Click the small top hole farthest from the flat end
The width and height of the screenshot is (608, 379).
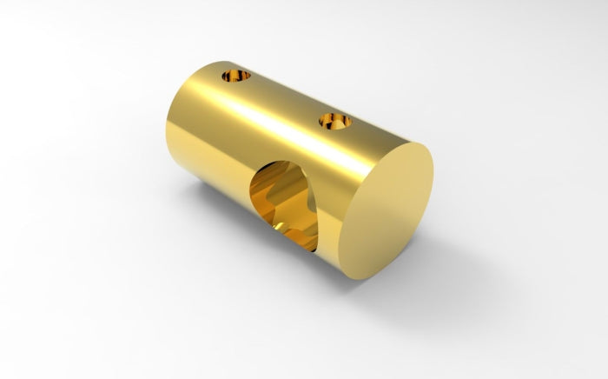coord(235,76)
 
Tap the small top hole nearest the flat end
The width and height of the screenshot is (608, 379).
coord(335,120)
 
